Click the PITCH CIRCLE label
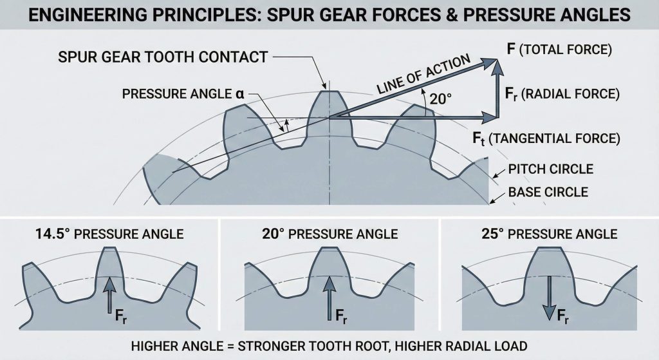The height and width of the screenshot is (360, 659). tap(550, 169)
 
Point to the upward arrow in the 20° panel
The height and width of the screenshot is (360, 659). tap(329, 293)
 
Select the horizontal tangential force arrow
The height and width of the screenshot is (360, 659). tap(412, 118)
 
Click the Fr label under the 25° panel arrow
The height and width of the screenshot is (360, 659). tap(561, 317)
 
